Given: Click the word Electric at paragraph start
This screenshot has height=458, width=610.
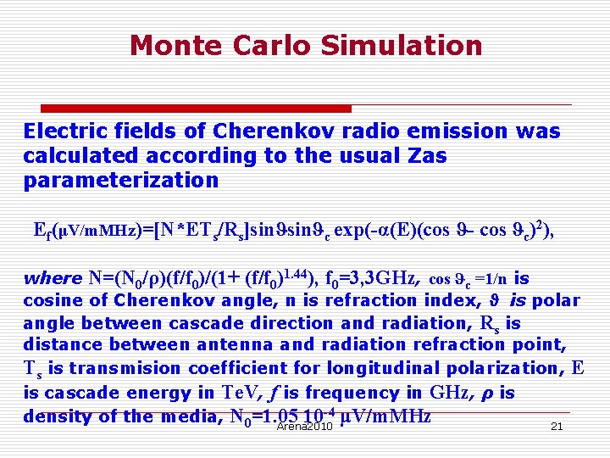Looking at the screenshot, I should [62, 131].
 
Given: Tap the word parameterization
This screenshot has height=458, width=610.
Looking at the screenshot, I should [121, 180].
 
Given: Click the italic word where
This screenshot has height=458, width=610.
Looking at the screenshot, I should [52, 279].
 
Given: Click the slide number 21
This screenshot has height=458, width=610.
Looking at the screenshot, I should [557, 426].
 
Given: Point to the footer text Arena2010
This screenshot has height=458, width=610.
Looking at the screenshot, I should [304, 427].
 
